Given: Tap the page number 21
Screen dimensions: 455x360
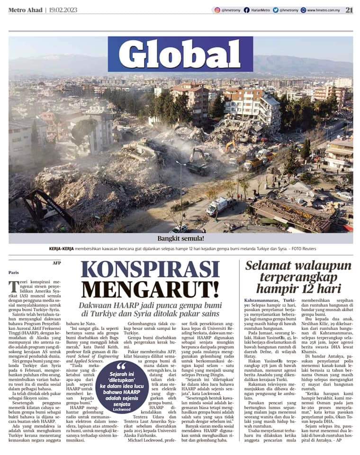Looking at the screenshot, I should (x=349, y=9).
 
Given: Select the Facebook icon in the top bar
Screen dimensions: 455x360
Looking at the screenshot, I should (x=247, y=10).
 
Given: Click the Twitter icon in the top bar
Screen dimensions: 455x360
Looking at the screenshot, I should (x=275, y=10).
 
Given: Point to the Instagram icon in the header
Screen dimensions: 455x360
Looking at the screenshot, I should (x=217, y=10).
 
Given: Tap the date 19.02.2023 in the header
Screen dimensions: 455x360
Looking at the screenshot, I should (x=64, y=10).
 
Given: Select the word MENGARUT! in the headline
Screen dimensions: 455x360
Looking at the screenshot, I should (x=150, y=289).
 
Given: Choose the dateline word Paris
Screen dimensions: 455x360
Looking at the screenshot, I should (x=14, y=273).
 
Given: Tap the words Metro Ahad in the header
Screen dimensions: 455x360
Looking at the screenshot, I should (x=25, y=10).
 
